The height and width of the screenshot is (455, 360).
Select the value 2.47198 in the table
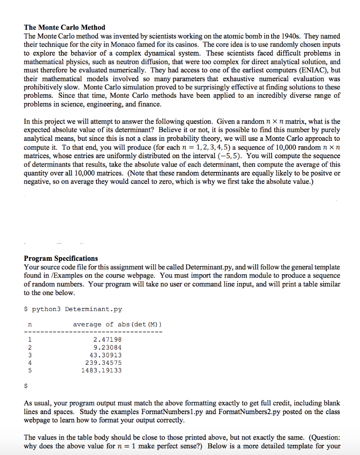tap(107, 340)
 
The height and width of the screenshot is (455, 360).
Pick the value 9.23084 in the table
tap(107, 347)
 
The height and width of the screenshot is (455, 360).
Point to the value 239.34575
tap(103, 363)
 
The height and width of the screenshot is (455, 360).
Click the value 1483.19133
tap(101, 370)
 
